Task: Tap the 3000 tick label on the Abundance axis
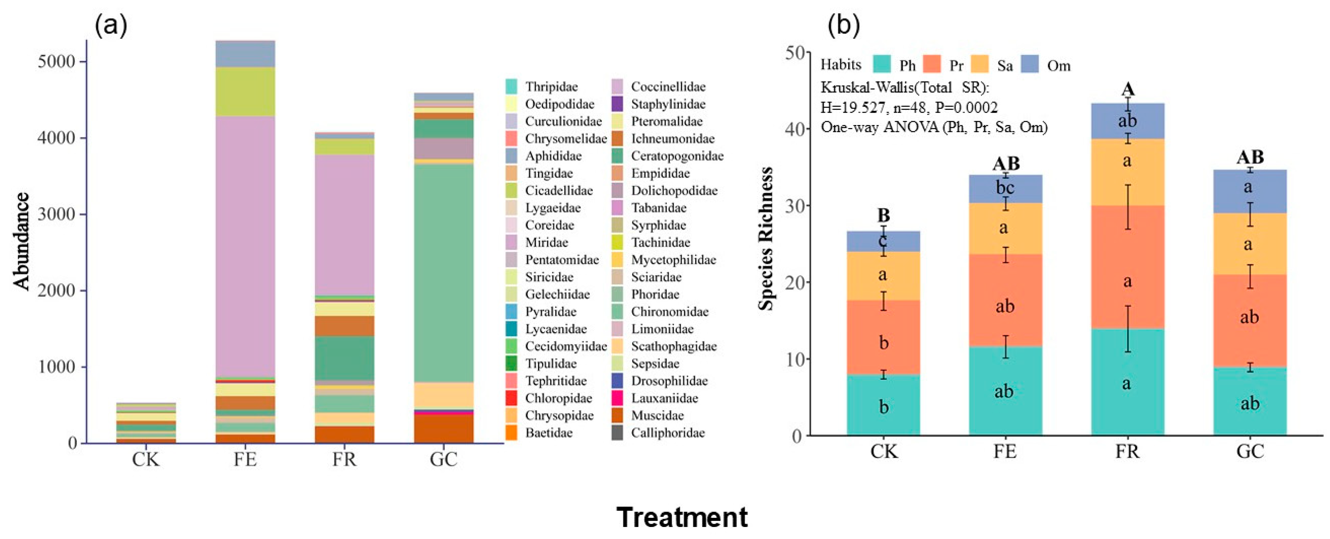[57, 215]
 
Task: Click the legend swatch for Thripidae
[511, 86]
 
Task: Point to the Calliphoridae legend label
[668, 433]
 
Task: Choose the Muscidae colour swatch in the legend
[617, 416]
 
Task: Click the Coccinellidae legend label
[668, 86]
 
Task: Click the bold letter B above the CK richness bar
[883, 215]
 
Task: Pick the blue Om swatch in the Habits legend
[1030, 65]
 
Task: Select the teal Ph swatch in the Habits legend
[882, 65]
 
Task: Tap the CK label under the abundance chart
[145, 459]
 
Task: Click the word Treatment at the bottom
[682, 517]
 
